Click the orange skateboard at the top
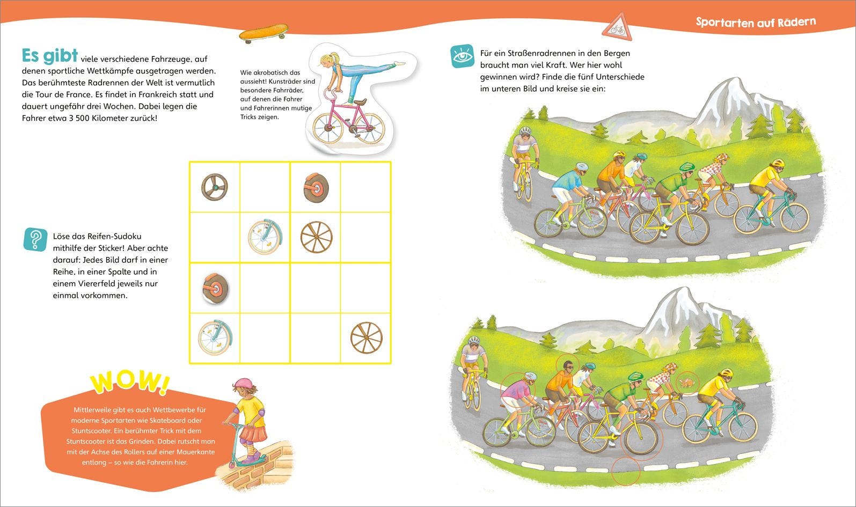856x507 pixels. click(x=264, y=33)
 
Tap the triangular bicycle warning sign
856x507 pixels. click(x=618, y=28)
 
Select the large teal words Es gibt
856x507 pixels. click(x=50, y=56)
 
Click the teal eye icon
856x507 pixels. click(x=463, y=56)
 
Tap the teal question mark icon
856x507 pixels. click(x=35, y=240)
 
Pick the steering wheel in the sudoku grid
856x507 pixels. click(x=214, y=187)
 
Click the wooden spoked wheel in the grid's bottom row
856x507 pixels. click(x=366, y=338)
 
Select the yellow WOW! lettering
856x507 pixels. click(x=130, y=381)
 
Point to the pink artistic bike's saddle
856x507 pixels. click(x=360, y=102)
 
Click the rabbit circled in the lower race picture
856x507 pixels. click(x=687, y=382)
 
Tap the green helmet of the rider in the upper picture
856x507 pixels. click(x=687, y=167)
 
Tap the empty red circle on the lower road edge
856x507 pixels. click(x=626, y=471)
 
